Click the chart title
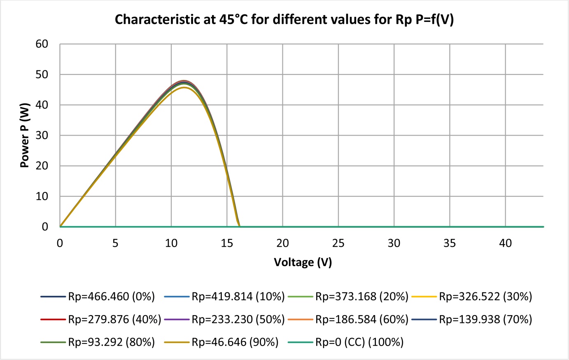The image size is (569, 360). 284,19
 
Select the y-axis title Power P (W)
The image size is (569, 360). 25,135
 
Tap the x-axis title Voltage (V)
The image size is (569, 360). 303,262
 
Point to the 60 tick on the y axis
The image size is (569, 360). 42,44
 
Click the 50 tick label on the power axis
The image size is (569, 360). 42,75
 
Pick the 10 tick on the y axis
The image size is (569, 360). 42,196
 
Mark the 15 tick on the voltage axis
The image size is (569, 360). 227,243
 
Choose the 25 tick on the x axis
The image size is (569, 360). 338,243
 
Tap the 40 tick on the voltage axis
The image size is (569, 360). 506,243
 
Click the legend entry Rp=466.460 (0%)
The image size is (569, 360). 98,297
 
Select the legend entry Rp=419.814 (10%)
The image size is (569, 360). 224,297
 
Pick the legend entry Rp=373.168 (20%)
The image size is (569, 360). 348,297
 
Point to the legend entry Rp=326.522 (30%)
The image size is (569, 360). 472,297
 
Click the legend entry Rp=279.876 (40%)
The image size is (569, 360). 100,319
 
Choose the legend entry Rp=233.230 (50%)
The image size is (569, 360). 224,319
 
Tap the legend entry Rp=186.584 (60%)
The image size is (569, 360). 348,319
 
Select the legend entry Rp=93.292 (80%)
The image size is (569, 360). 98,342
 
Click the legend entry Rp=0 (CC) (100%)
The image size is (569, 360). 346,342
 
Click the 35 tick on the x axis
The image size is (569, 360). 450,243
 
